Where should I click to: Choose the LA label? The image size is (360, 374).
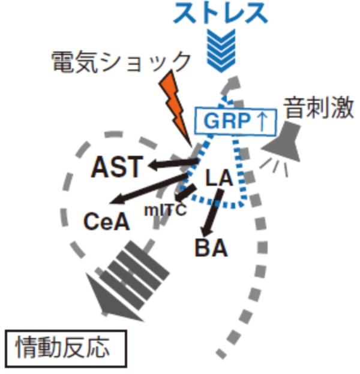(x=220, y=178)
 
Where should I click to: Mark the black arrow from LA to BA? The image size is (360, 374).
(x=212, y=213)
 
